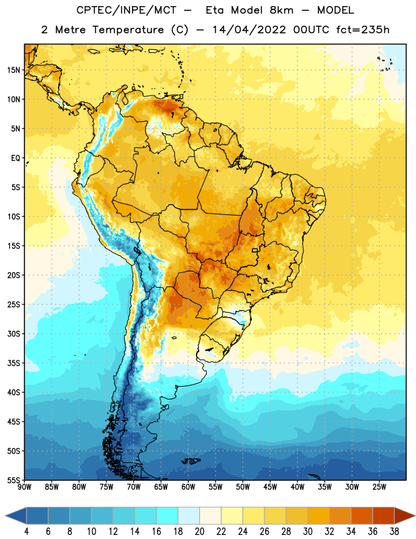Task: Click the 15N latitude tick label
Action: coord(13,70)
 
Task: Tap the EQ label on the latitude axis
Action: coord(15,158)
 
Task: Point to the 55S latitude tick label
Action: coord(13,480)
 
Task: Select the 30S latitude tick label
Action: coord(13,334)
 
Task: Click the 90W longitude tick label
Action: coord(24,487)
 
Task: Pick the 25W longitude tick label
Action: coord(379,487)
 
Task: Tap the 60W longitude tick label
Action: coord(188,487)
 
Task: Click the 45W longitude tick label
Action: coord(270,487)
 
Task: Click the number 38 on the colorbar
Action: coord(394,532)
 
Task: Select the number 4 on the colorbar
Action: coord(26,532)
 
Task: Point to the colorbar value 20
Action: coord(199,532)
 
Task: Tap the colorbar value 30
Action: coord(308,532)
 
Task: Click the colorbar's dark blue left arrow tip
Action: coord(6,515)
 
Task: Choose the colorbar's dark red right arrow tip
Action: coord(415,515)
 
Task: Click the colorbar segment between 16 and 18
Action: coord(167,515)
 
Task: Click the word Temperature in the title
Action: coord(128,30)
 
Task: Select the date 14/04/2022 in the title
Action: coord(249,30)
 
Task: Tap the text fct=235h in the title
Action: coord(363,30)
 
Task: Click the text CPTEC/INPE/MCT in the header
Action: coord(127,10)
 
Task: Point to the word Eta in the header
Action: coord(215,10)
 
